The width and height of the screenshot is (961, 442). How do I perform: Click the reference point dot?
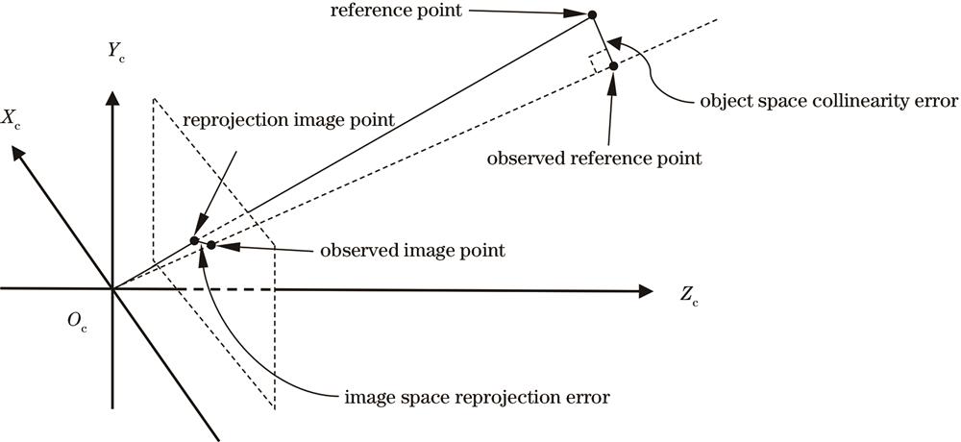(592, 14)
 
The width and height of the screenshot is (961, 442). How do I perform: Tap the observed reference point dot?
(612, 65)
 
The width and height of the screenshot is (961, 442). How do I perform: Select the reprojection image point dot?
(194, 240)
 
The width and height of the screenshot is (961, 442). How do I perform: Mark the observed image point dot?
(210, 245)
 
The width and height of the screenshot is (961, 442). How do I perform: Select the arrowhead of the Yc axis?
(113, 97)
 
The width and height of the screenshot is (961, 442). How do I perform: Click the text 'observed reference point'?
(595, 158)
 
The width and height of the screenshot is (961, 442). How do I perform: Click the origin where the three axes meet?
(113, 288)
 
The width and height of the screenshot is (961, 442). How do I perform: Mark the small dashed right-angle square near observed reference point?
(600, 61)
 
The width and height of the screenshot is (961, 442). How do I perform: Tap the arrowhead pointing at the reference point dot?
(579, 13)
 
